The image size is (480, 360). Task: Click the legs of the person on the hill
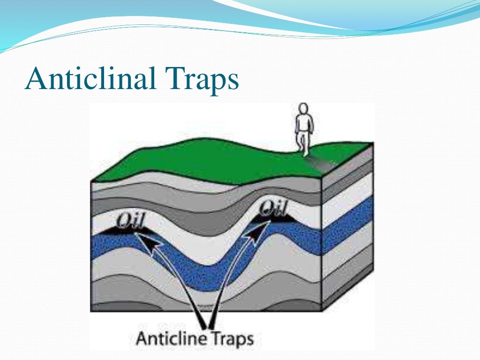[x=305, y=143]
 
